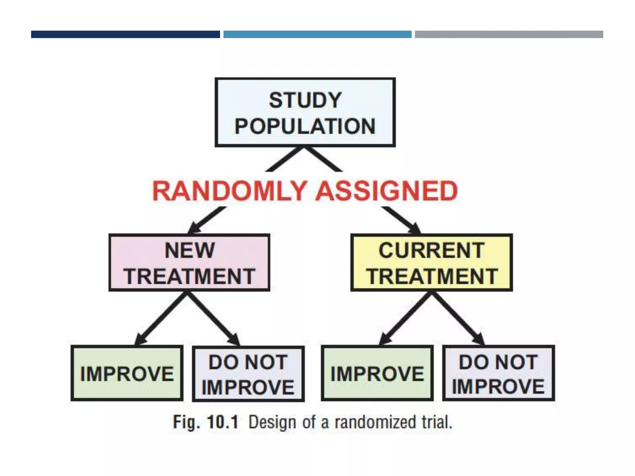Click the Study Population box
pos(305,112)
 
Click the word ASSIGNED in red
pos(387,191)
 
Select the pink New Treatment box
pos(189,263)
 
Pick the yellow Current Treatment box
pos(431,263)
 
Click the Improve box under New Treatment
pos(127,373)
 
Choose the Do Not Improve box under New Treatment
pos(248,374)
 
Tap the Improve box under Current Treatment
pos(377,373)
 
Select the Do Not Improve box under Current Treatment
pos(498,373)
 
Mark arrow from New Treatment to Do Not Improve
pos(214,319)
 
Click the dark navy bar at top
pos(125,34)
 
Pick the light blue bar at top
pos(317,34)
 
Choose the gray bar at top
pos(509,34)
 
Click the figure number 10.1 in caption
pos(223,422)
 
